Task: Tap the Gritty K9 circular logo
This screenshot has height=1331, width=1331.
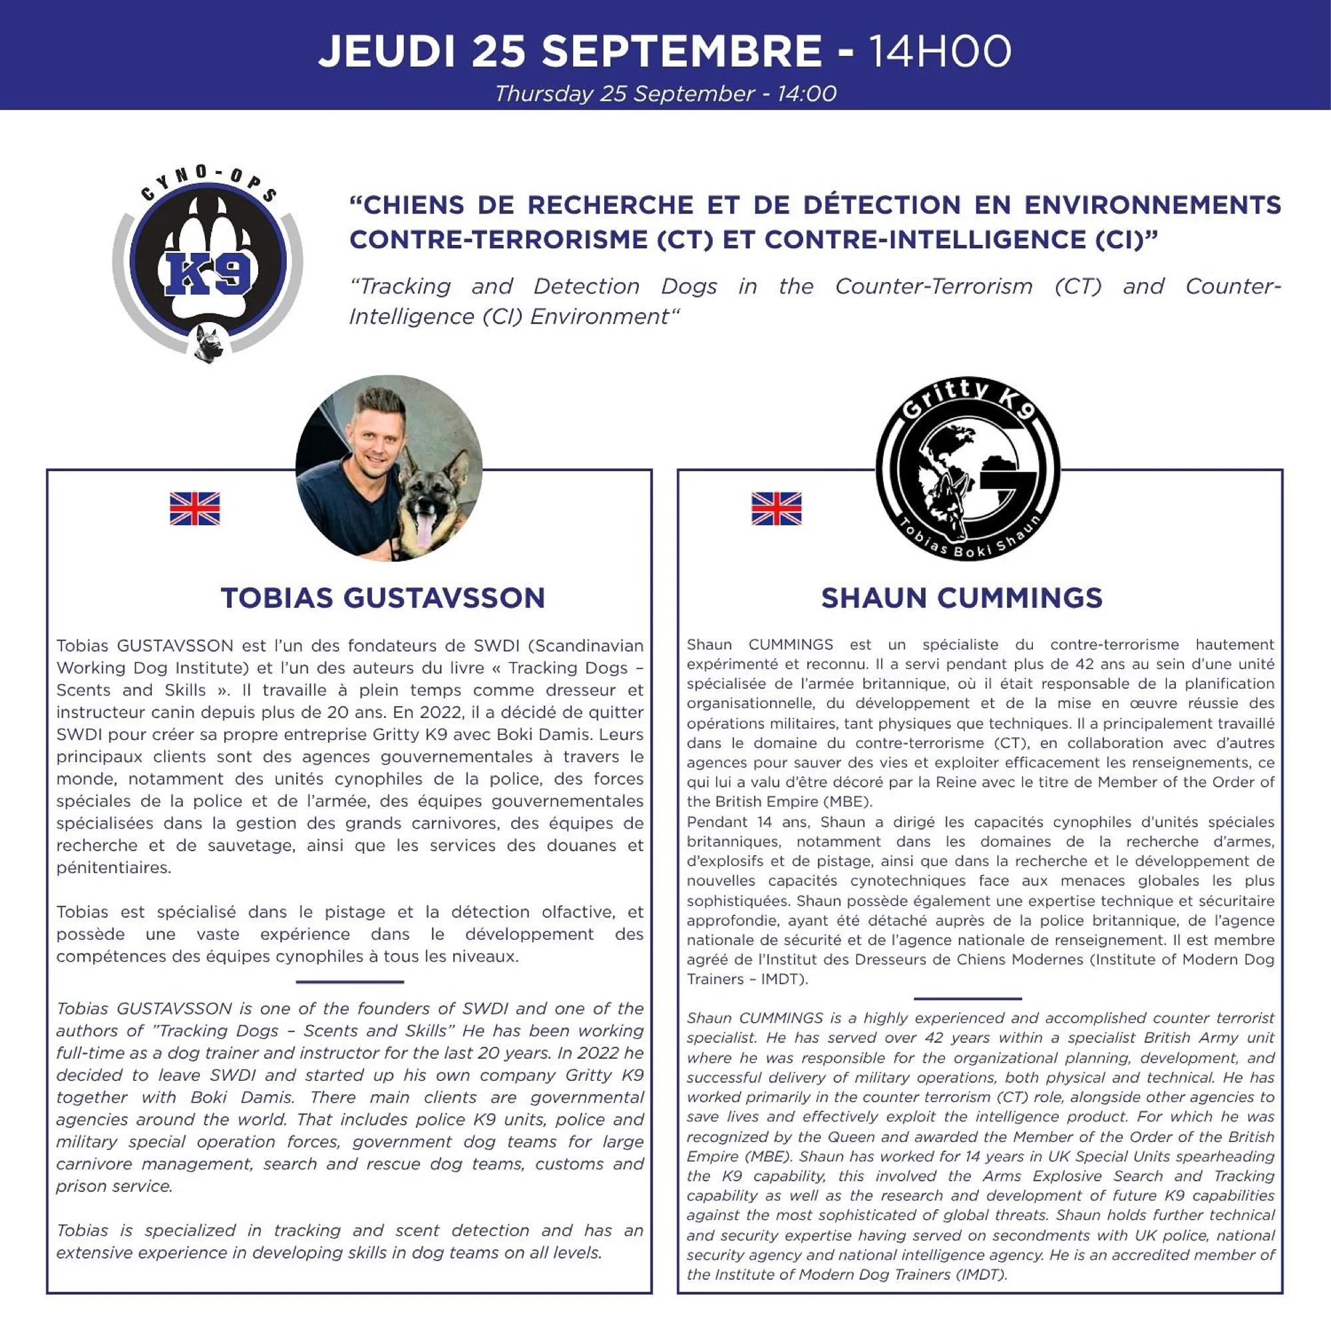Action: click(967, 469)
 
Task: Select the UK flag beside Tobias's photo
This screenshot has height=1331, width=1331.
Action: click(195, 508)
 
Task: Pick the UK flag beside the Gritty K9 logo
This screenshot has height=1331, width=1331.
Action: click(777, 508)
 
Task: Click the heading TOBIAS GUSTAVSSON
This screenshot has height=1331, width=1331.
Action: click(383, 598)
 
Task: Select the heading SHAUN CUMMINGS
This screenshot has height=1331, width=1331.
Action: click(962, 598)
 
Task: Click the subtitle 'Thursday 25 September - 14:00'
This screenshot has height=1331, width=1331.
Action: click(665, 94)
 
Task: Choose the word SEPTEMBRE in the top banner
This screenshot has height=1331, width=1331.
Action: click(681, 52)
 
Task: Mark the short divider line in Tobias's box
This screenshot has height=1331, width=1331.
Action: click(349, 982)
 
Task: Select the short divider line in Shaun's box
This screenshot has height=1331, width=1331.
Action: click(967, 998)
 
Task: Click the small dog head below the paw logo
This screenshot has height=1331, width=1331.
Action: click(208, 342)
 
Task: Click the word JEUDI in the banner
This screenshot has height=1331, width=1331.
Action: click(387, 52)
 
